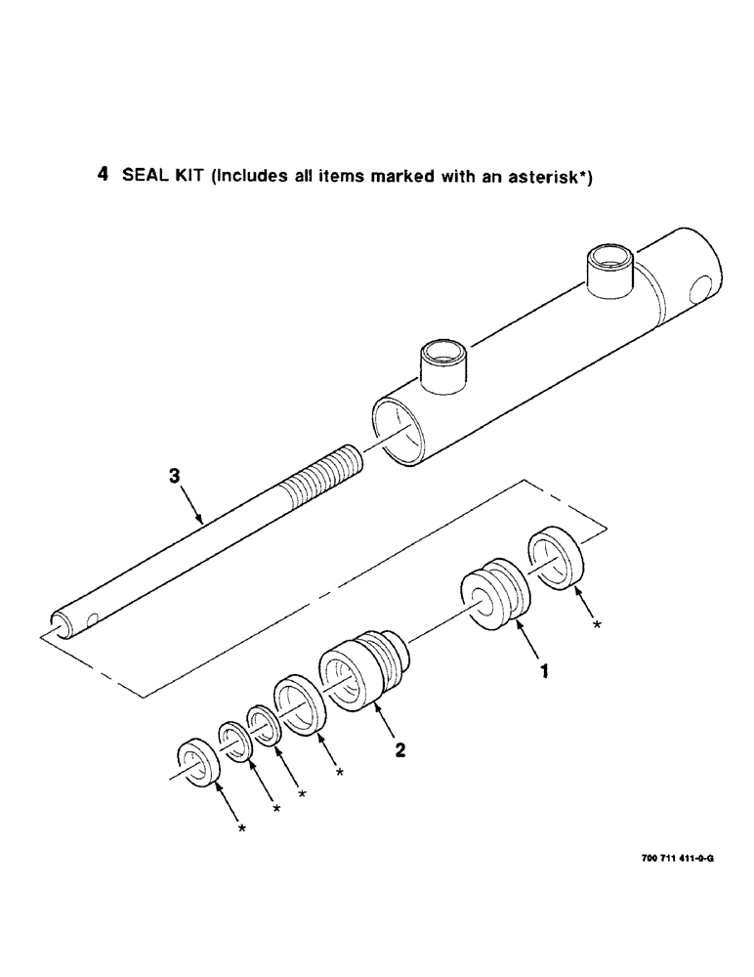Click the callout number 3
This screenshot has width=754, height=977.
point(174,477)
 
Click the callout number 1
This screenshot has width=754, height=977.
point(545,671)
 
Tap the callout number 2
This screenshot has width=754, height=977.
point(399,751)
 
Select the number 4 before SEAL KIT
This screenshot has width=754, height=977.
point(103,176)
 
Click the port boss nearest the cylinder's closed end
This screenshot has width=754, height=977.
point(608,274)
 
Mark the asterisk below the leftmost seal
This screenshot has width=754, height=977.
point(240,828)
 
